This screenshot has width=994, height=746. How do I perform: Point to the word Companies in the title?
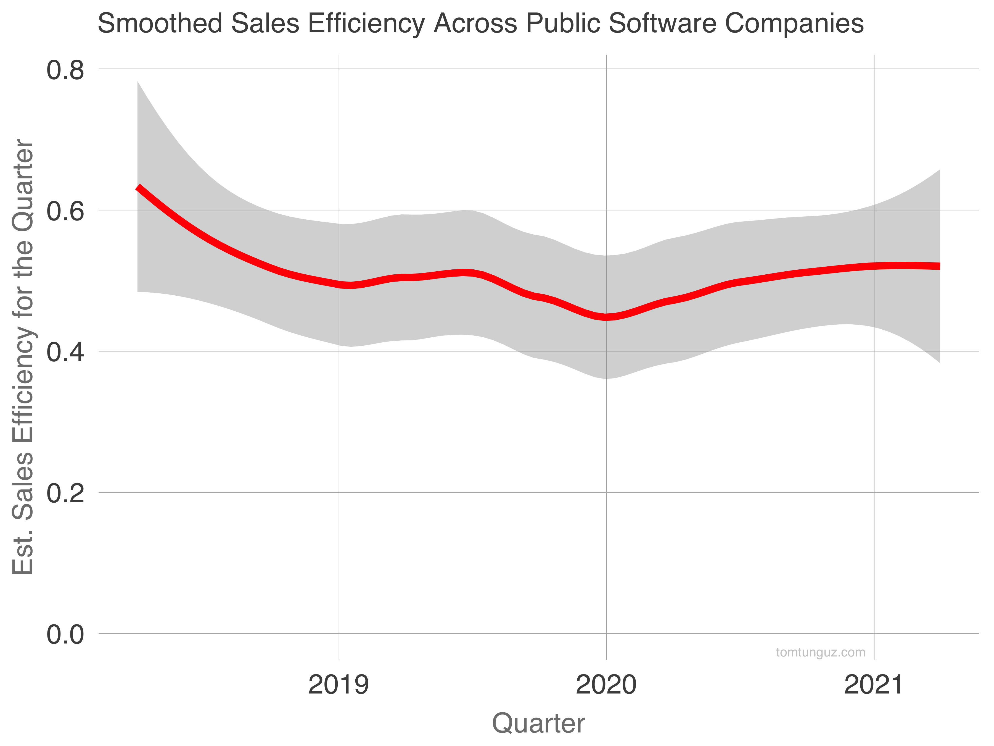point(794,24)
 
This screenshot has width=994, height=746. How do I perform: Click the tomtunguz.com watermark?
point(821,652)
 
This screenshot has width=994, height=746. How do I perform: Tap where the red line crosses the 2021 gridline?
point(874,266)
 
